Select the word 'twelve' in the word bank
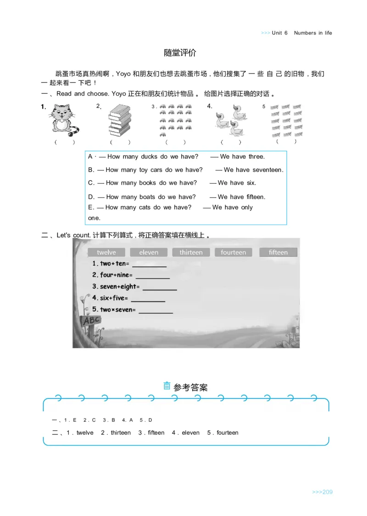(106, 252)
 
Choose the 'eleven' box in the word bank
(149, 252)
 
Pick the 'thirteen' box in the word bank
(191, 252)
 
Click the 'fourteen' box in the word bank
(233, 252)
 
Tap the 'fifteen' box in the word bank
(278, 252)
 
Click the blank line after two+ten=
(150, 265)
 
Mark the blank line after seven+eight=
(160, 288)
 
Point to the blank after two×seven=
(156, 311)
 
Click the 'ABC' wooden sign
(90, 321)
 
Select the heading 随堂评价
(180, 53)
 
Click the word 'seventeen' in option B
(267, 170)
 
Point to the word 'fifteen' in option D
(256, 197)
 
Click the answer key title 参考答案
(191, 388)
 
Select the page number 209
(327, 492)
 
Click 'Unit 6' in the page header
(279, 33)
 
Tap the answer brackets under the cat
(65, 142)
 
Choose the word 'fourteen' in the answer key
(228, 433)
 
